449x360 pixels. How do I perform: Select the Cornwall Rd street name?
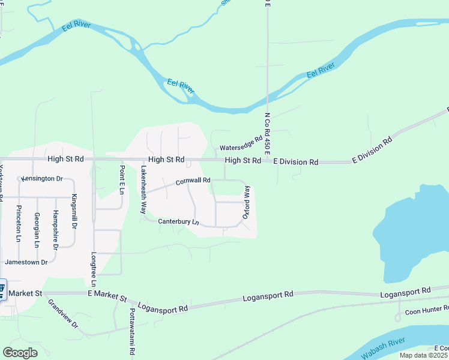(x=193, y=180)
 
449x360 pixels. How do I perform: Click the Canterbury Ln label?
(x=178, y=221)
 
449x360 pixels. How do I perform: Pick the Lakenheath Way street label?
(x=143, y=190)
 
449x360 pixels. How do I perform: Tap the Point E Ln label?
(x=121, y=179)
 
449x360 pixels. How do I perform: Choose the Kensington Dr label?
(x=42, y=179)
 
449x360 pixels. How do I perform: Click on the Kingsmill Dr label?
(x=74, y=211)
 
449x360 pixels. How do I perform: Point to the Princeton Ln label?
(x=19, y=223)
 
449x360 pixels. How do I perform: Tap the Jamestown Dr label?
(x=26, y=262)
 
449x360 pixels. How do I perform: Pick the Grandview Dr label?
(x=63, y=314)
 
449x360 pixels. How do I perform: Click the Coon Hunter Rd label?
(x=426, y=311)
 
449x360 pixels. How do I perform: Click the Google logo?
(x=20, y=353)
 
